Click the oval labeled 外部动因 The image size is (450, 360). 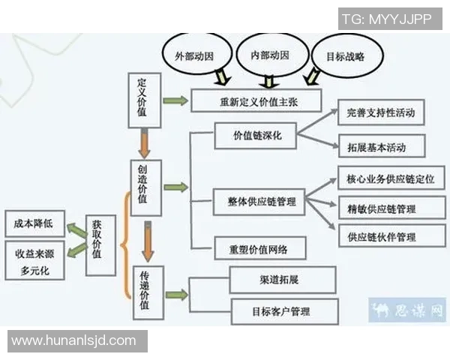click(194, 55)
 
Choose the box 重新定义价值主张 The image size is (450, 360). click(256, 100)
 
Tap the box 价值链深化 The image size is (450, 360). click(255, 137)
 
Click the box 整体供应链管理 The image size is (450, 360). click(256, 202)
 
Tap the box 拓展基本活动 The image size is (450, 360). click(381, 145)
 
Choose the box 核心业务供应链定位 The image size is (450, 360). click(391, 179)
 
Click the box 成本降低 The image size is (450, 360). click(34, 223)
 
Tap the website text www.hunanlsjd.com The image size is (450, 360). click(74, 341)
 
